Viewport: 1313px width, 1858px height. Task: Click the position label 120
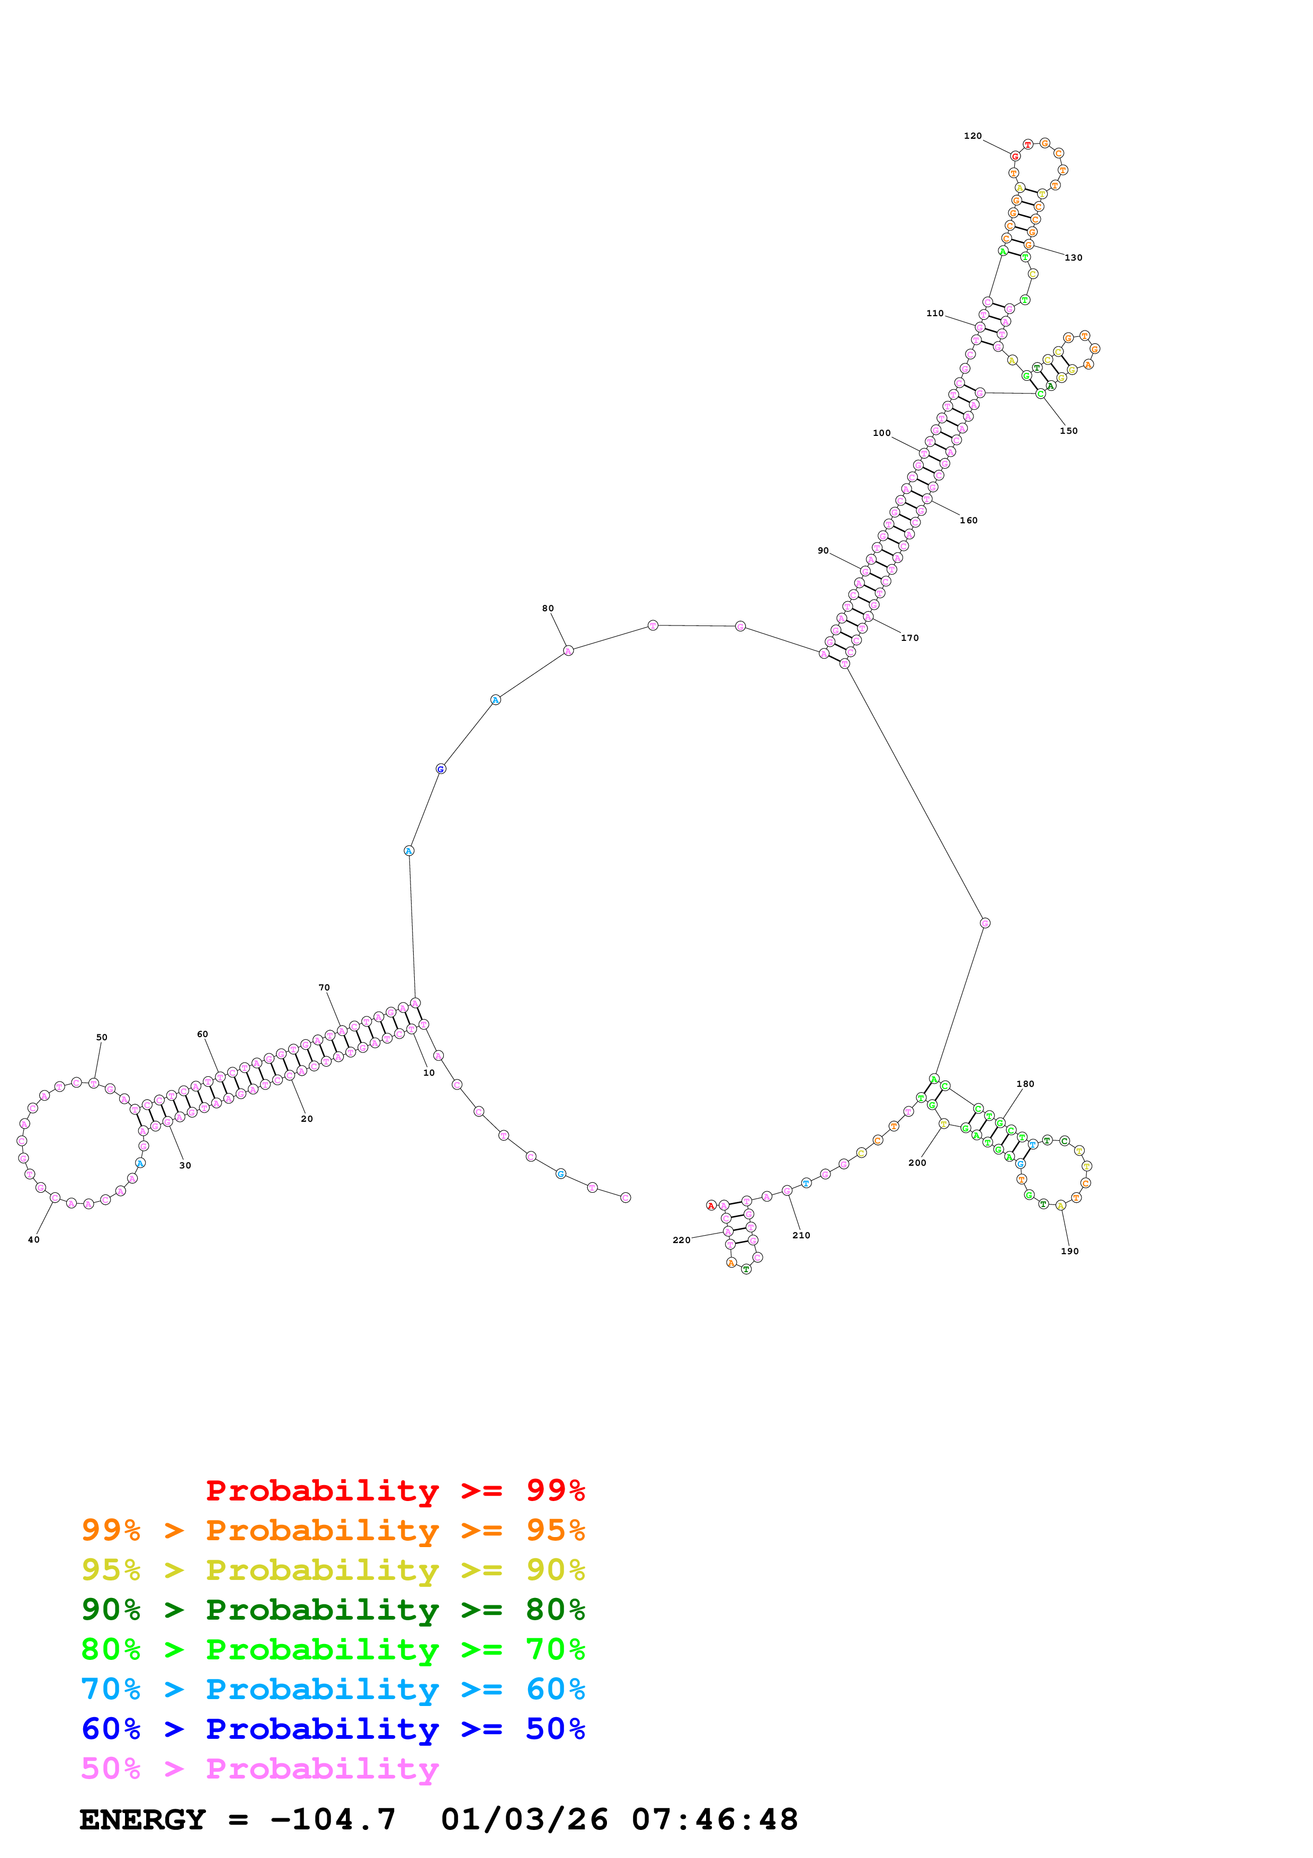(x=972, y=136)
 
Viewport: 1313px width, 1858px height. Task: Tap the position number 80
(x=548, y=609)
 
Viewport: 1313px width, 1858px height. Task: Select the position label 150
(x=1069, y=431)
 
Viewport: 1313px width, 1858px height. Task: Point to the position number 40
(x=33, y=1240)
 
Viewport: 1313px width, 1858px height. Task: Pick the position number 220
(x=681, y=1240)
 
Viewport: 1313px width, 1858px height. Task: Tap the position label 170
(x=910, y=638)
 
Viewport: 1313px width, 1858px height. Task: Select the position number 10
(x=429, y=1073)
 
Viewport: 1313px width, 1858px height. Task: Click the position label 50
(x=101, y=1038)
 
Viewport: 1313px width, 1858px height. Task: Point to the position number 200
(x=917, y=1163)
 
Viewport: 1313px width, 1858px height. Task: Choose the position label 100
(x=881, y=433)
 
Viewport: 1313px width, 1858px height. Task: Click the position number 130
(x=1074, y=258)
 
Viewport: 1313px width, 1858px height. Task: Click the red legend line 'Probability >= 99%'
(x=395, y=1490)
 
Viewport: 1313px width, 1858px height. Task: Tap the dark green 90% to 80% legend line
(x=333, y=1610)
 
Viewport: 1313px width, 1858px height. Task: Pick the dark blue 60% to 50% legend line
(x=333, y=1729)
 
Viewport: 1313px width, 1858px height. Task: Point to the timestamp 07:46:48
(x=714, y=1820)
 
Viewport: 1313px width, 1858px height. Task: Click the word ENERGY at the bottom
(x=142, y=1820)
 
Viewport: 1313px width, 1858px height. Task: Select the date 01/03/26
(x=524, y=1820)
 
